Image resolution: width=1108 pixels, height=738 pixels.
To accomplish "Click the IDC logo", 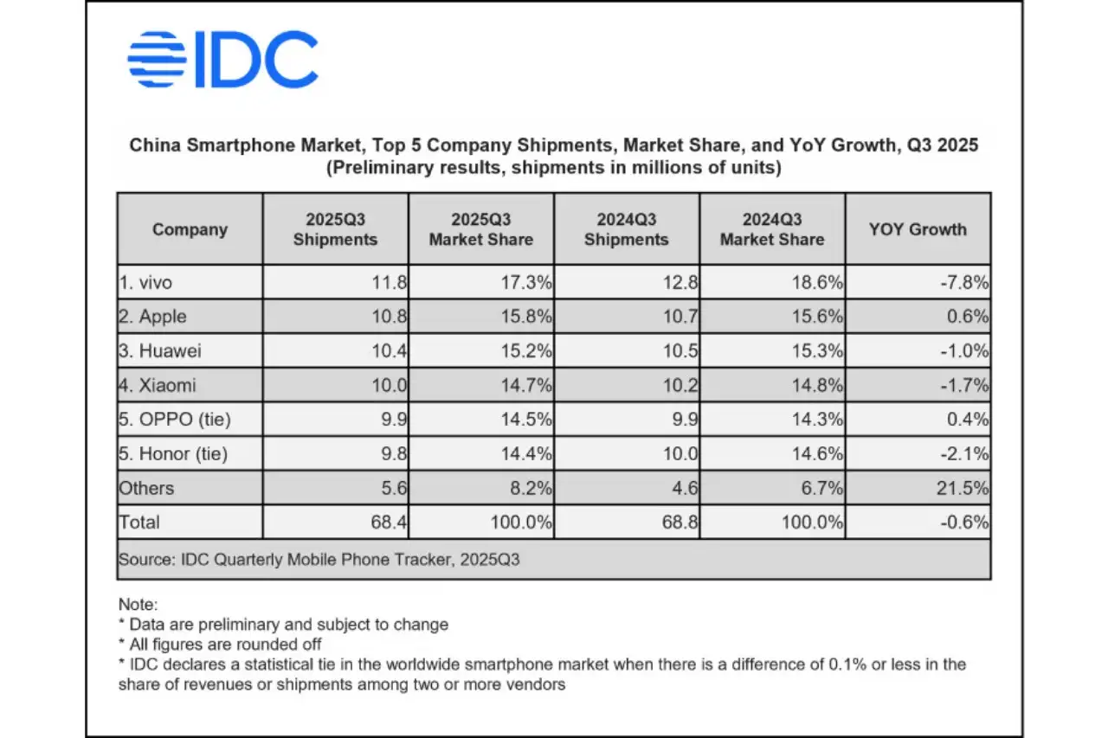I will tap(222, 60).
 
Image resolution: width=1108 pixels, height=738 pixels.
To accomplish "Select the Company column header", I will tap(190, 229).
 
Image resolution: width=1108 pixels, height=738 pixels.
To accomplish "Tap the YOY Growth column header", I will tap(918, 229).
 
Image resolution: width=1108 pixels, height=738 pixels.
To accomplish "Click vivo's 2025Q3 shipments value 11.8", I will tap(389, 282).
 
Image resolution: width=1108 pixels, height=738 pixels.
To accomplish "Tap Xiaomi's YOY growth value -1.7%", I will tap(967, 385).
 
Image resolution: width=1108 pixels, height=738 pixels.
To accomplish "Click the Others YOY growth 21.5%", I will tap(965, 488).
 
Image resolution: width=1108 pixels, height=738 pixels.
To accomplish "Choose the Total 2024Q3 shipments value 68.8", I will tap(680, 523).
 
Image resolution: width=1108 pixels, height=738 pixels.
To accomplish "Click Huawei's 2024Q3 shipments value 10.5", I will tap(680, 350).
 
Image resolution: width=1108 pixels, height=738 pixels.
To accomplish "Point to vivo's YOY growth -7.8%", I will tap(967, 282).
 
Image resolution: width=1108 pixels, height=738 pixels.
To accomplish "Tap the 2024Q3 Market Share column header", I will tap(772, 229).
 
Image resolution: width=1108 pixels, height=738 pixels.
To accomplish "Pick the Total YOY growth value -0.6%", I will tap(967, 523).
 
